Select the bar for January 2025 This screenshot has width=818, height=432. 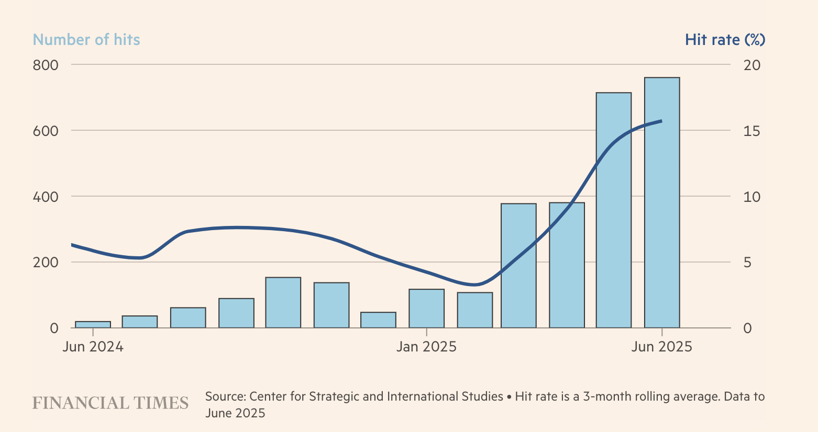(426, 309)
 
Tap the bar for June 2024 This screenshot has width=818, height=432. (93, 325)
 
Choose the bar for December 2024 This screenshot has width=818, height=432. (378, 320)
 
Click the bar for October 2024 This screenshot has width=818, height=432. (283, 303)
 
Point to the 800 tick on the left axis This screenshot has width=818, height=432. (47, 65)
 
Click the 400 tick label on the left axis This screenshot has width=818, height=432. (47, 197)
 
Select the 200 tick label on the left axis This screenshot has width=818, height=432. (47, 262)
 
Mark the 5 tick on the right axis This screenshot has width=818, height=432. (747, 262)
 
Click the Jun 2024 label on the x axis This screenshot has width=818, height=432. (93, 347)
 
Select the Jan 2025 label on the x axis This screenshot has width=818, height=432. (426, 347)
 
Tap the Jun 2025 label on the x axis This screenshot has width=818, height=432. (662, 347)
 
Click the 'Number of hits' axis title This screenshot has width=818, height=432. (86, 40)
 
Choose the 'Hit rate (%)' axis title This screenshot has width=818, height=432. (725, 40)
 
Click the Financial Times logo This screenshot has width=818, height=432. (110, 403)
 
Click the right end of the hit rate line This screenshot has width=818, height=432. (661, 121)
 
